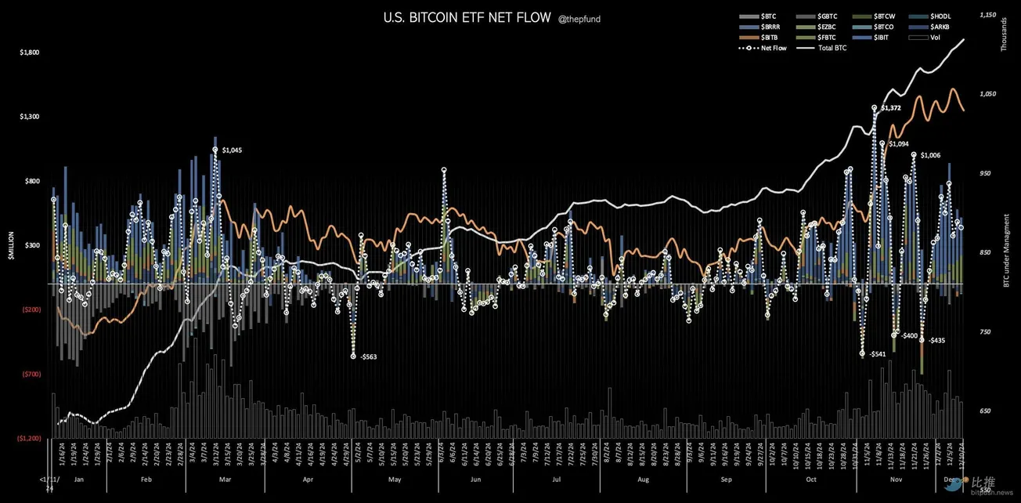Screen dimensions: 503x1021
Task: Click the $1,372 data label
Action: click(892, 107)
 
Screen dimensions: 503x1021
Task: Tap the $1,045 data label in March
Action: click(233, 150)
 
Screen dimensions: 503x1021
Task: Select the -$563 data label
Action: click(368, 356)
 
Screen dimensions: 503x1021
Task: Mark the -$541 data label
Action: click(876, 354)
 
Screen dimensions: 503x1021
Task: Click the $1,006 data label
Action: click(931, 155)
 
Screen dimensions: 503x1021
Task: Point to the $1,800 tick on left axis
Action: click(30, 52)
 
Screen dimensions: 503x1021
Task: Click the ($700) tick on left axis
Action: click(31, 375)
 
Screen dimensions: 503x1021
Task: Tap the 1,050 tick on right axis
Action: click(987, 93)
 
